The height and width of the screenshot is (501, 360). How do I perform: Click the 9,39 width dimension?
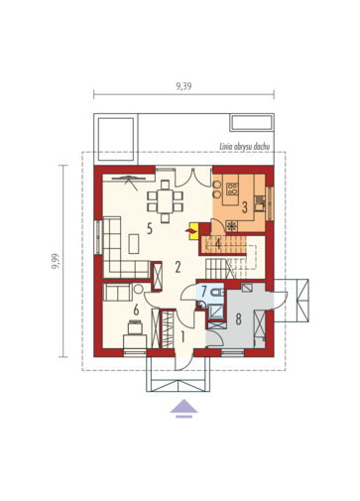183,86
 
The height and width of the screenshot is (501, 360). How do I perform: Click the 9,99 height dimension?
56,261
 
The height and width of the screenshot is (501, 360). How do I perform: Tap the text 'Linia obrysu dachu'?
245,147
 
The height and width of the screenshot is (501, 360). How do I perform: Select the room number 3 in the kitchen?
245,207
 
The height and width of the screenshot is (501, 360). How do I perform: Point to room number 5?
150,228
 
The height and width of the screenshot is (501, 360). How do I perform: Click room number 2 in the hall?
178,267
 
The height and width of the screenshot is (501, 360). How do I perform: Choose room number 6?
136,311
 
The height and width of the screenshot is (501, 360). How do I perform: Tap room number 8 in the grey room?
238,319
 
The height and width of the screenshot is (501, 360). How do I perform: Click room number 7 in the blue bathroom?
203,292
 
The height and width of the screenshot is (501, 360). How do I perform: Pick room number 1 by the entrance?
182,337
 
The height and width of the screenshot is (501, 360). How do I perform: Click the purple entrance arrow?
184,409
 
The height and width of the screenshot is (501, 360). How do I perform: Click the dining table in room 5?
165,200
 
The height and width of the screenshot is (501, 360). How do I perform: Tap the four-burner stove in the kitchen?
232,188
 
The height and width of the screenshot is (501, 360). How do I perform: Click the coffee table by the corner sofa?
134,244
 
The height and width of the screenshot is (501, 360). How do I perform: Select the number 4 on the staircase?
218,244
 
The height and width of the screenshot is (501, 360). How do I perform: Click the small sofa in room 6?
118,292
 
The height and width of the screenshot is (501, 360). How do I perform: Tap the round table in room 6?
138,289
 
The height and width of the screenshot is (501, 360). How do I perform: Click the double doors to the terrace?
193,178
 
